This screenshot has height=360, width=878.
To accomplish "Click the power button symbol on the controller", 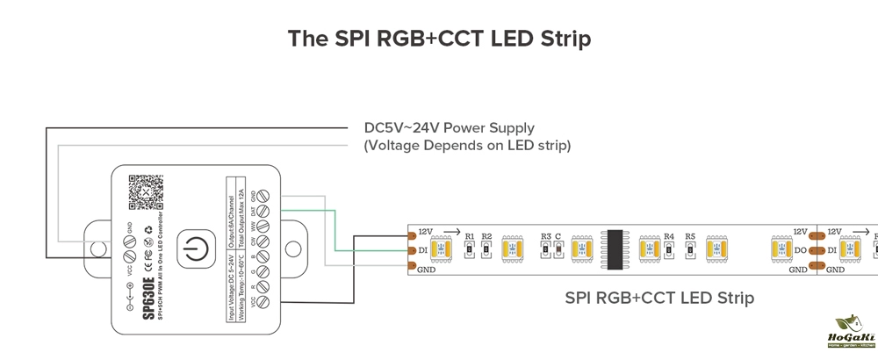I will (193, 250).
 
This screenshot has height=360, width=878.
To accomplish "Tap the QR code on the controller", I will (143, 191).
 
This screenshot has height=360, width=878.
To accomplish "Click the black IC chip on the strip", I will (615, 249).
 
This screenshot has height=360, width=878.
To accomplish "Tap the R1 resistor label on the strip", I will (470, 236).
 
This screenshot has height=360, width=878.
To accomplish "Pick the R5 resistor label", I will (690, 236).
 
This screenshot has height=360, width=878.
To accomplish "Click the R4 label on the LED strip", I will (669, 236).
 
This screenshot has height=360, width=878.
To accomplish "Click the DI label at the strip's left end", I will (425, 250).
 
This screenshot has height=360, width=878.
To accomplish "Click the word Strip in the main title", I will (559, 40).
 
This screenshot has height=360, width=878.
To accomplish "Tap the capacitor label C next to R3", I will (558, 236).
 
